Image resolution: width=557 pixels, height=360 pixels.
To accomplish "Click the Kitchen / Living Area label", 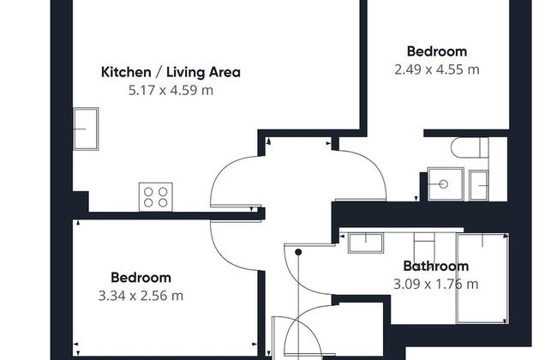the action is point(171,72).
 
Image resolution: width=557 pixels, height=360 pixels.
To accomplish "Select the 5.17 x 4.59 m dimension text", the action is point(171,90).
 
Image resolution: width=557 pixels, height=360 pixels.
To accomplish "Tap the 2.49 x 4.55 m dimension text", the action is point(436,69).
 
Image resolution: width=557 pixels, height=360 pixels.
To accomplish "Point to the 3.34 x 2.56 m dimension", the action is point(141,296).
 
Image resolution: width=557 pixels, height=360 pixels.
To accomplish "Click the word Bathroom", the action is point(436,266).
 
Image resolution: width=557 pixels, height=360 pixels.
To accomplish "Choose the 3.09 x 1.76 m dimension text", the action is point(436,284).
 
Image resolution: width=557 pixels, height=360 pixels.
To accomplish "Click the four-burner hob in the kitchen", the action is point(156,197).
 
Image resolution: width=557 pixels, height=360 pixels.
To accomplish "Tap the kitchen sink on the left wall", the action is point(86,129).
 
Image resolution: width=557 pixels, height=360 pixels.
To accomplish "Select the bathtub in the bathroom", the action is point(482,279).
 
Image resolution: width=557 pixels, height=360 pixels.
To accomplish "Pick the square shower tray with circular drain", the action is point(446,184).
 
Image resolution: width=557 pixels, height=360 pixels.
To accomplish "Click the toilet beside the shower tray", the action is point(470,147).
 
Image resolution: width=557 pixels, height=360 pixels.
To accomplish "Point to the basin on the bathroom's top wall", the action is point(366,243).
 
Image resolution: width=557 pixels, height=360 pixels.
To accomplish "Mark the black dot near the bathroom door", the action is point(298,252).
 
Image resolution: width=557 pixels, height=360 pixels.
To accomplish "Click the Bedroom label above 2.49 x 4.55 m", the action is point(436,51).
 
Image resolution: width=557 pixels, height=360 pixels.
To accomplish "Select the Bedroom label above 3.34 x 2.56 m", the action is point(141,278).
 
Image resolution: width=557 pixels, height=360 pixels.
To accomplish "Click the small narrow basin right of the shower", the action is point(478,185).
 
